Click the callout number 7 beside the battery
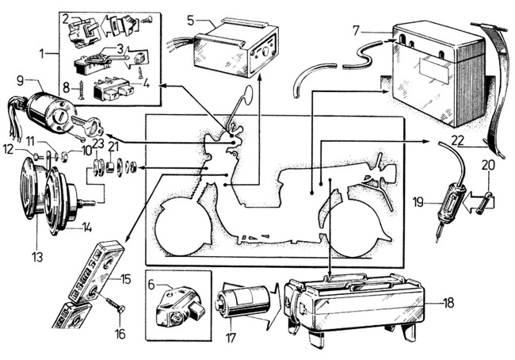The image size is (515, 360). [x=357, y=31]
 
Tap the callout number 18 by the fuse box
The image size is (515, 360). [x=448, y=303]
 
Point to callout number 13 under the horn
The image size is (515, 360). [x=37, y=257]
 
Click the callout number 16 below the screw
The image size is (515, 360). [x=120, y=334]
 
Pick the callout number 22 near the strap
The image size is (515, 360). [x=457, y=140]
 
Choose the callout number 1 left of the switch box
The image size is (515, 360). [x=42, y=54]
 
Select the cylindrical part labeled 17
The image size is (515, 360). [x=242, y=301]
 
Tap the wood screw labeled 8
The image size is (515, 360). [x=79, y=90]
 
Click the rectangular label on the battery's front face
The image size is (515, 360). [x=434, y=70]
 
